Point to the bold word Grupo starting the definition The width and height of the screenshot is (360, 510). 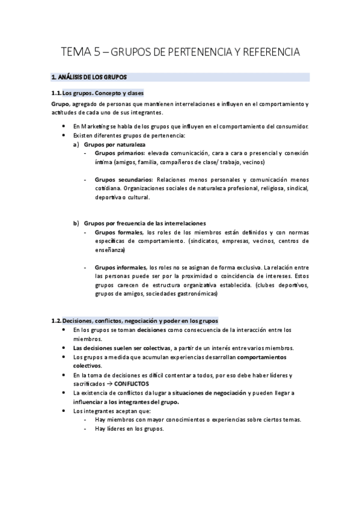coord(60,104)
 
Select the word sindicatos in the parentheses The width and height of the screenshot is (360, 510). coord(203,241)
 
